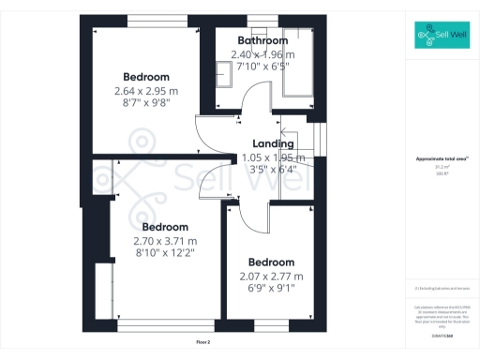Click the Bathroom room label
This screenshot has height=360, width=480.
262,40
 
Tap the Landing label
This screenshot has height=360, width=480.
273,143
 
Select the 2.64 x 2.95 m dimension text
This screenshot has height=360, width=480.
145,90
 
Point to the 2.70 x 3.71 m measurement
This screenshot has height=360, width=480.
165,240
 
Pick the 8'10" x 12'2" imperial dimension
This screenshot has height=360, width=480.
165,252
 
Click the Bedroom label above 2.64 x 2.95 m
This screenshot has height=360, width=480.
145,76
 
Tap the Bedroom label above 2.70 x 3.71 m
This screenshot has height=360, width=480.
165,227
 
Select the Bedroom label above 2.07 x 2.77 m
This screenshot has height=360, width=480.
271,262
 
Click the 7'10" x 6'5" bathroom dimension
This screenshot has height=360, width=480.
262,67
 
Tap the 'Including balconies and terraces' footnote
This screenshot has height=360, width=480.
439,288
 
